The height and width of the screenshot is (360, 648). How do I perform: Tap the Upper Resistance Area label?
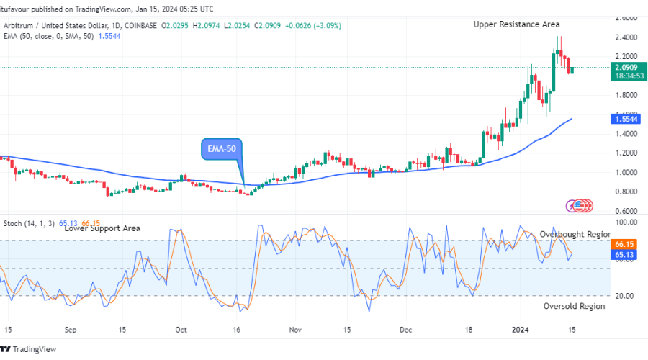[516, 24]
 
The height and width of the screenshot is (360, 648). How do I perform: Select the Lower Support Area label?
[102, 228]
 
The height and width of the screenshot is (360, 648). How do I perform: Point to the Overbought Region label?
[575, 235]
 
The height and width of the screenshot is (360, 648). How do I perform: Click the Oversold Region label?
[574, 306]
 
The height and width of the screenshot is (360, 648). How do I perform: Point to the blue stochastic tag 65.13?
[624, 255]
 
